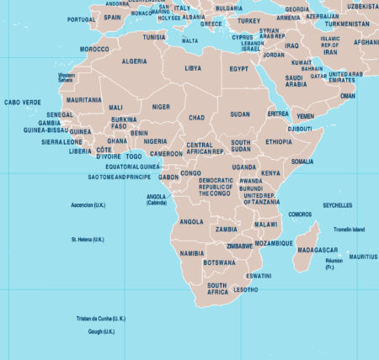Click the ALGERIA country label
[x=135, y=61]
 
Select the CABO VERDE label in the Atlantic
[x=22, y=102]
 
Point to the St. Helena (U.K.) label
[x=88, y=240]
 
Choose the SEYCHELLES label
[x=338, y=205]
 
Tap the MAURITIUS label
[x=363, y=257]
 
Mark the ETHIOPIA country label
[x=278, y=142]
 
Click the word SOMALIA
[x=302, y=161]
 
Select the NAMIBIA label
[x=192, y=252]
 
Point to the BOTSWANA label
[x=219, y=262]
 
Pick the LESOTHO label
[x=246, y=289]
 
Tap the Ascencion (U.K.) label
[x=88, y=205]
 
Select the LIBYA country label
[x=193, y=67]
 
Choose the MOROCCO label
[x=94, y=49]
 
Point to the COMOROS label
[x=300, y=214]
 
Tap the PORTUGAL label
[x=81, y=19]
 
